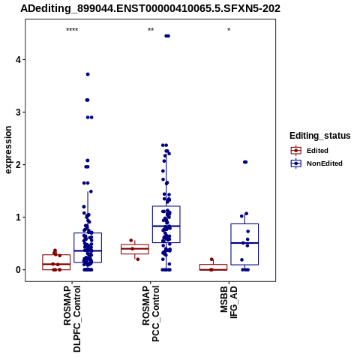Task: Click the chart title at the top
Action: [x=150, y=9]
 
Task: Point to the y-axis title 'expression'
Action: [x=8, y=150]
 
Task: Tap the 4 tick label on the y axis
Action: [x=19, y=60]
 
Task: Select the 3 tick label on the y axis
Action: [x=19, y=112]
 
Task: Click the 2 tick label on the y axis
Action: [x=19, y=165]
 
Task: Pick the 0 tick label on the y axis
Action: [x=19, y=270]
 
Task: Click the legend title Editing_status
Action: [x=320, y=136]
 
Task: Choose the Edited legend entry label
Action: [x=317, y=151]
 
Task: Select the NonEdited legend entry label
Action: [x=325, y=163]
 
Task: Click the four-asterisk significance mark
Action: [x=72, y=30]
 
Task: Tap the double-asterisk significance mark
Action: [x=151, y=30]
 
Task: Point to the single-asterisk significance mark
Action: [x=229, y=30]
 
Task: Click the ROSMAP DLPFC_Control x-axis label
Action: [x=72, y=319]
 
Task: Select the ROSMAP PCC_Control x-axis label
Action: [x=151, y=313]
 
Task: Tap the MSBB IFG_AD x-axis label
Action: [x=229, y=302]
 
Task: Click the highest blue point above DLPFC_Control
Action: [x=88, y=74]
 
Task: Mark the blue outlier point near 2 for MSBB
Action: [x=245, y=162]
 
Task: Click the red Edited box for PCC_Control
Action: [x=135, y=249]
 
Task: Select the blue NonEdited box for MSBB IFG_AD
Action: [x=244, y=244]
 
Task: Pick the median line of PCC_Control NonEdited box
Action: [x=166, y=226]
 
